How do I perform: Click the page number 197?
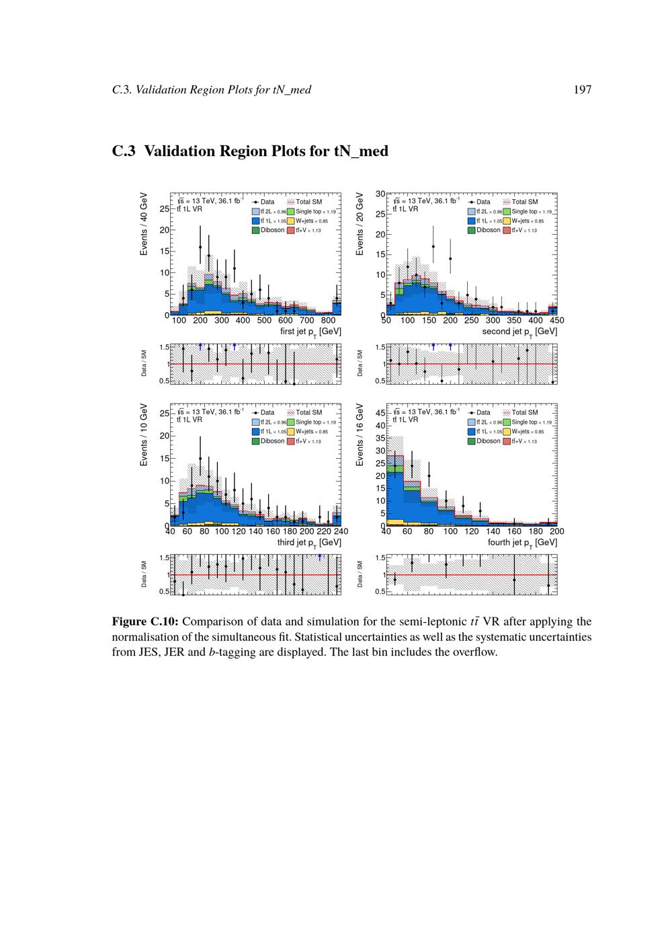click(582, 89)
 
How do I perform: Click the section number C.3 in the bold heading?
click(124, 151)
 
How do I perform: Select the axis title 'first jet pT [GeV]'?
click(310, 332)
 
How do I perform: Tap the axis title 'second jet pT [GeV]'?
click(519, 332)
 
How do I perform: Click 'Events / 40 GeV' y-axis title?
click(143, 223)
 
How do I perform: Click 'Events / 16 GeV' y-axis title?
click(360, 434)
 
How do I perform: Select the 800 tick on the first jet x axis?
click(328, 321)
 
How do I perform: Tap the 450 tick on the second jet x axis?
click(557, 321)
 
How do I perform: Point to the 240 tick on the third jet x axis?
click(341, 531)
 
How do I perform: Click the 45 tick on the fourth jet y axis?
click(380, 413)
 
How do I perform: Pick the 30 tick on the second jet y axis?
click(380, 194)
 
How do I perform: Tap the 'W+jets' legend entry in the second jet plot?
click(527, 221)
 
